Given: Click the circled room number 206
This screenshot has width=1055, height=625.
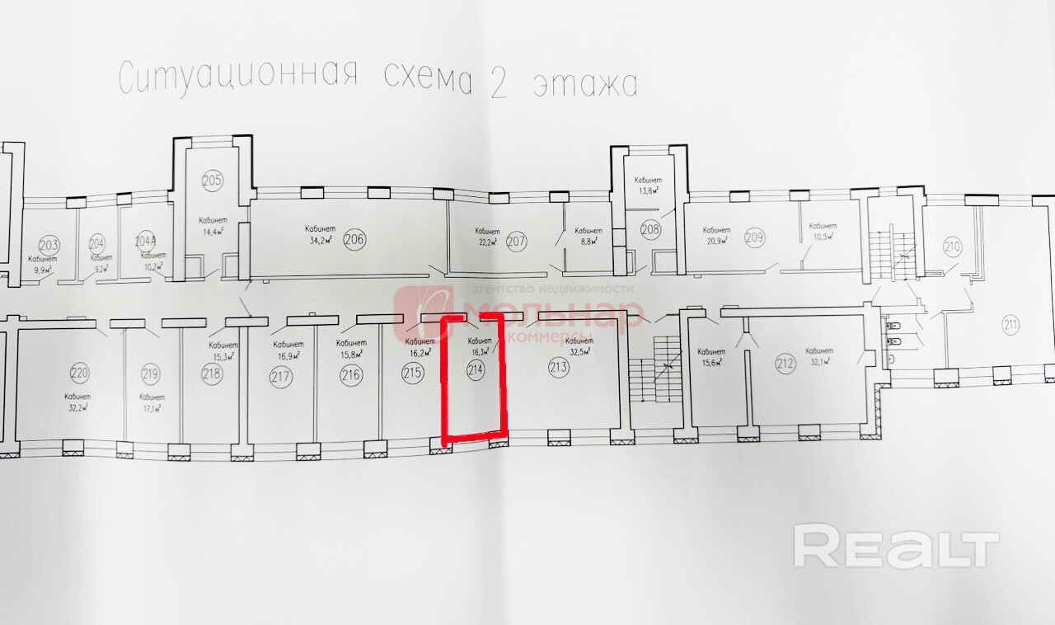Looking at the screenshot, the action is point(354,240).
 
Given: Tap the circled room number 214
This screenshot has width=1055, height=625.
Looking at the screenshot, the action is point(475,370).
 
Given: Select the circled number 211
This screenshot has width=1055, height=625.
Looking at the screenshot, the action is point(1011,324).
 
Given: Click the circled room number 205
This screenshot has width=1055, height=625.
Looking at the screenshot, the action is point(212,181).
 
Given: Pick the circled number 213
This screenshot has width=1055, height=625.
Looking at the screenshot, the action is point(558,368).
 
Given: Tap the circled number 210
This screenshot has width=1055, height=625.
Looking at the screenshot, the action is point(953,246).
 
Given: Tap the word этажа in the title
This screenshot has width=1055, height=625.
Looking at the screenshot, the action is point(585,83).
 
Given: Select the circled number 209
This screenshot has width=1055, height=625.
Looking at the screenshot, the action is point(754,238).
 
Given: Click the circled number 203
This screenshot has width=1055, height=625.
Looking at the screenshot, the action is point(49,245).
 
